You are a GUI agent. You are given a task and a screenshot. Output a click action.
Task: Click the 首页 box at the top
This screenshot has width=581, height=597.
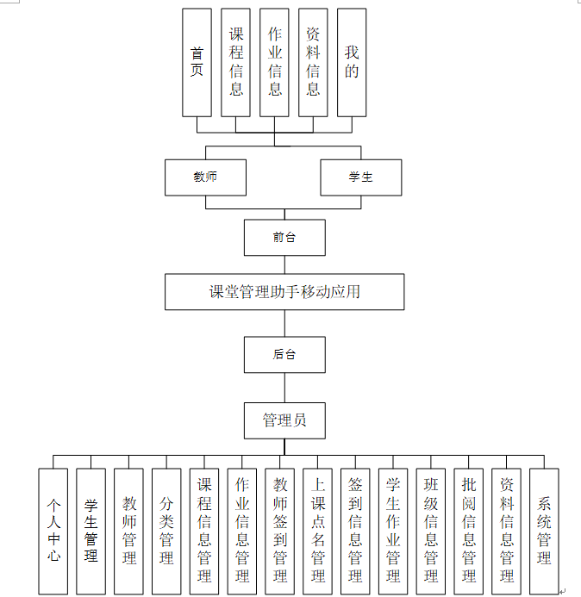click(x=197, y=63)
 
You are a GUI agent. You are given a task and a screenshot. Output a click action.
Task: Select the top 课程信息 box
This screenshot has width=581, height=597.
click(x=235, y=63)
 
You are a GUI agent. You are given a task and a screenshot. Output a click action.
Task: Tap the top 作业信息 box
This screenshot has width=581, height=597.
click(x=274, y=63)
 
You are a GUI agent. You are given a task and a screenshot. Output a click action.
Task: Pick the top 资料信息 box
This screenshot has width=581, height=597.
click(x=313, y=63)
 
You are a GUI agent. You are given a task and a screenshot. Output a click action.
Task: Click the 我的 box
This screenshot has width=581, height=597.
click(x=352, y=63)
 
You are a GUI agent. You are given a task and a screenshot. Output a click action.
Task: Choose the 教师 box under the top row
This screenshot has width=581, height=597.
click(x=205, y=177)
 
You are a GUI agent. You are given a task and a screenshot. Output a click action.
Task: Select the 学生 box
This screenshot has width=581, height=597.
click(x=361, y=177)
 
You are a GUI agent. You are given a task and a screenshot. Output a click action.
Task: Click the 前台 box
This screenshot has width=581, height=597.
click(x=284, y=238)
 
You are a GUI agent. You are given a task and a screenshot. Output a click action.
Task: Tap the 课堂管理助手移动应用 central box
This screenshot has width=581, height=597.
click(x=284, y=292)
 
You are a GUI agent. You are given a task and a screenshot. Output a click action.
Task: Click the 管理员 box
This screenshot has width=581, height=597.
click(x=284, y=421)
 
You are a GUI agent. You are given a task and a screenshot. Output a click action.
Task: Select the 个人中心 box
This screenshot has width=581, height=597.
click(x=53, y=531)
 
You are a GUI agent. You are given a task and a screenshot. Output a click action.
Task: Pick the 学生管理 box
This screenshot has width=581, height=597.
click(x=91, y=531)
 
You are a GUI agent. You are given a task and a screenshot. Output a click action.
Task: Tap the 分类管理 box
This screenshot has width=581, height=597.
click(x=166, y=531)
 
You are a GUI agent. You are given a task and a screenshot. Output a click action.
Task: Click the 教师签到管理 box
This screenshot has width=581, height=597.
click(x=280, y=531)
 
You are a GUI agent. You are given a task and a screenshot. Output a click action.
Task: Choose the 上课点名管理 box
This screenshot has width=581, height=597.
click(x=318, y=531)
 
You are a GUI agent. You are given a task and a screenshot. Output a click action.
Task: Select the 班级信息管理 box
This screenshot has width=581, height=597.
click(x=431, y=531)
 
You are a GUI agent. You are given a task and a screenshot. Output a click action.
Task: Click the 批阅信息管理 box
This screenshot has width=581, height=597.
click(x=469, y=531)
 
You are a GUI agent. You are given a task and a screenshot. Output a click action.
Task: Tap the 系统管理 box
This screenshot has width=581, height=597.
click(x=544, y=531)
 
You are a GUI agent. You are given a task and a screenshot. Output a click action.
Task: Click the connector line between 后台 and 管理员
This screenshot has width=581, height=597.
click(x=284, y=388)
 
